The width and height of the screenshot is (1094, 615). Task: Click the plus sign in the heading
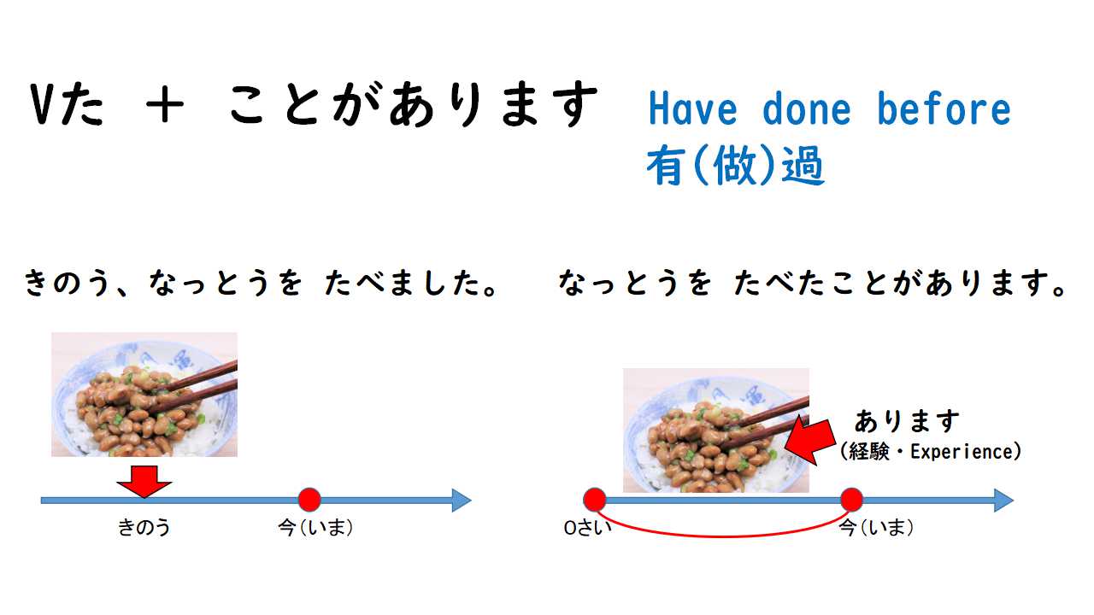165,104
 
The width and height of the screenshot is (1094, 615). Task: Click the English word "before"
944,108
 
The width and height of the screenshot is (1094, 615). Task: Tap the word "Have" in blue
692,108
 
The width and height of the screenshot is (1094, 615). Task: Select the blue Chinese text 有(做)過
736,166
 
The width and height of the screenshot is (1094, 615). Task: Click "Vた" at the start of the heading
67,103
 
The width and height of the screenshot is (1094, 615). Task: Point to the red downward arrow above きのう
144,482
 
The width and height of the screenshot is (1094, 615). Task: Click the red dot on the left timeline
309,500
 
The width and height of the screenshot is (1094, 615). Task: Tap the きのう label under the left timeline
144,528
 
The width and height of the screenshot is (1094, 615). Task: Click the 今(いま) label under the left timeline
315,528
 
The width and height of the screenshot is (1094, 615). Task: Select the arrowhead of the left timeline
462,501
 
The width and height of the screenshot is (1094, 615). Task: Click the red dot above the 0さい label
595,500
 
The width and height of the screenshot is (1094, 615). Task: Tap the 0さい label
587,528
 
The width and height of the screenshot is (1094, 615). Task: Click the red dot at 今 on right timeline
852,500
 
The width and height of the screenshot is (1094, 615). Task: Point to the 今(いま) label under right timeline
876,528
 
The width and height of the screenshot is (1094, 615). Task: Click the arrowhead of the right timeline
1004,501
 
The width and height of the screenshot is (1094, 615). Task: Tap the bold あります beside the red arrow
907,421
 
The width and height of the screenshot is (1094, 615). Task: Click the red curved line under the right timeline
723,536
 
